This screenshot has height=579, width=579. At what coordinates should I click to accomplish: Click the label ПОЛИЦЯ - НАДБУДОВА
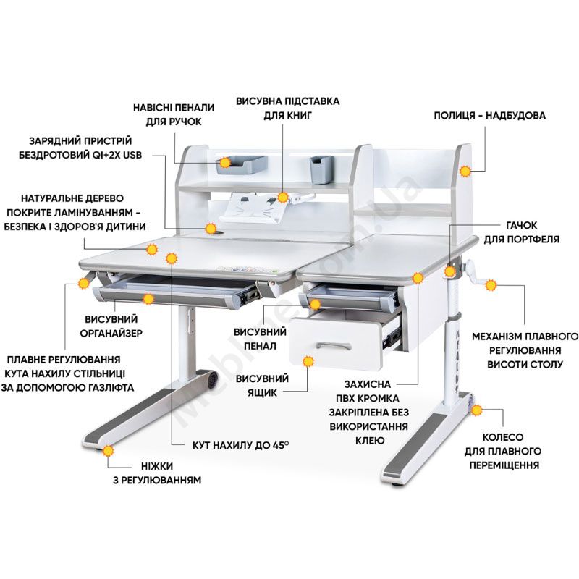[x=489, y=115]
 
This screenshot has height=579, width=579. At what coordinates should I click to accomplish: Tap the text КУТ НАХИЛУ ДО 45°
[x=240, y=445]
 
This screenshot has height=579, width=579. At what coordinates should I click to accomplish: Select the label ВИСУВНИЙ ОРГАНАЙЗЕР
[x=111, y=326]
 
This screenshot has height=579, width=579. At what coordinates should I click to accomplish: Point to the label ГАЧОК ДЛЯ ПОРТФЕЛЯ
[x=521, y=232]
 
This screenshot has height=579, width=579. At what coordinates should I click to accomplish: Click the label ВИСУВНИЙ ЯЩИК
[x=262, y=386]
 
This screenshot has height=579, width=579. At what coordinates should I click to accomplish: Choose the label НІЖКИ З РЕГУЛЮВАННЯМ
[x=157, y=473]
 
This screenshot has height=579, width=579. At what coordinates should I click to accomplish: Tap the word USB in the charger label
[x=132, y=155]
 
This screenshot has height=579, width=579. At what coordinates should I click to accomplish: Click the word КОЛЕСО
[x=503, y=437]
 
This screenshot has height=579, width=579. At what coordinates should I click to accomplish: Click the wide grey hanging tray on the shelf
[x=242, y=165]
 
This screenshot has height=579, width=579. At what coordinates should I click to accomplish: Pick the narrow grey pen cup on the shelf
[x=321, y=169]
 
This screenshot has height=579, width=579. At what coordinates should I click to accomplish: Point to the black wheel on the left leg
[x=212, y=379]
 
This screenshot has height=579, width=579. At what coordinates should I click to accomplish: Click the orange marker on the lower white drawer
[x=308, y=361]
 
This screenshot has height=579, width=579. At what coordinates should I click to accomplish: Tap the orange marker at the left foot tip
[x=108, y=451]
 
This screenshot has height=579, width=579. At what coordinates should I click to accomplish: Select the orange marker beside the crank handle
[x=491, y=285]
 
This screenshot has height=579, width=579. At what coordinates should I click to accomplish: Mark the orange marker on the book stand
[x=283, y=198]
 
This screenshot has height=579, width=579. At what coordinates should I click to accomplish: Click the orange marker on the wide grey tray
[x=225, y=162]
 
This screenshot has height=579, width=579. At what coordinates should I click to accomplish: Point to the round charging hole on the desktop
[x=221, y=233]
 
